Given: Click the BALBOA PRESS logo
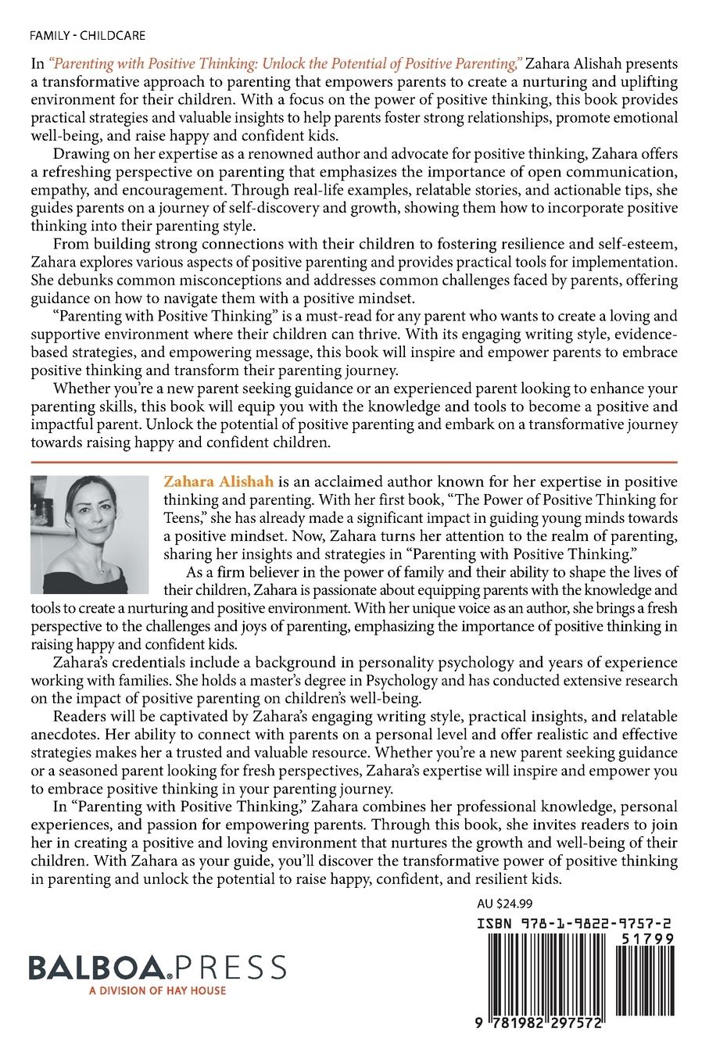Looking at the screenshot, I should pyautogui.click(x=156, y=968).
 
